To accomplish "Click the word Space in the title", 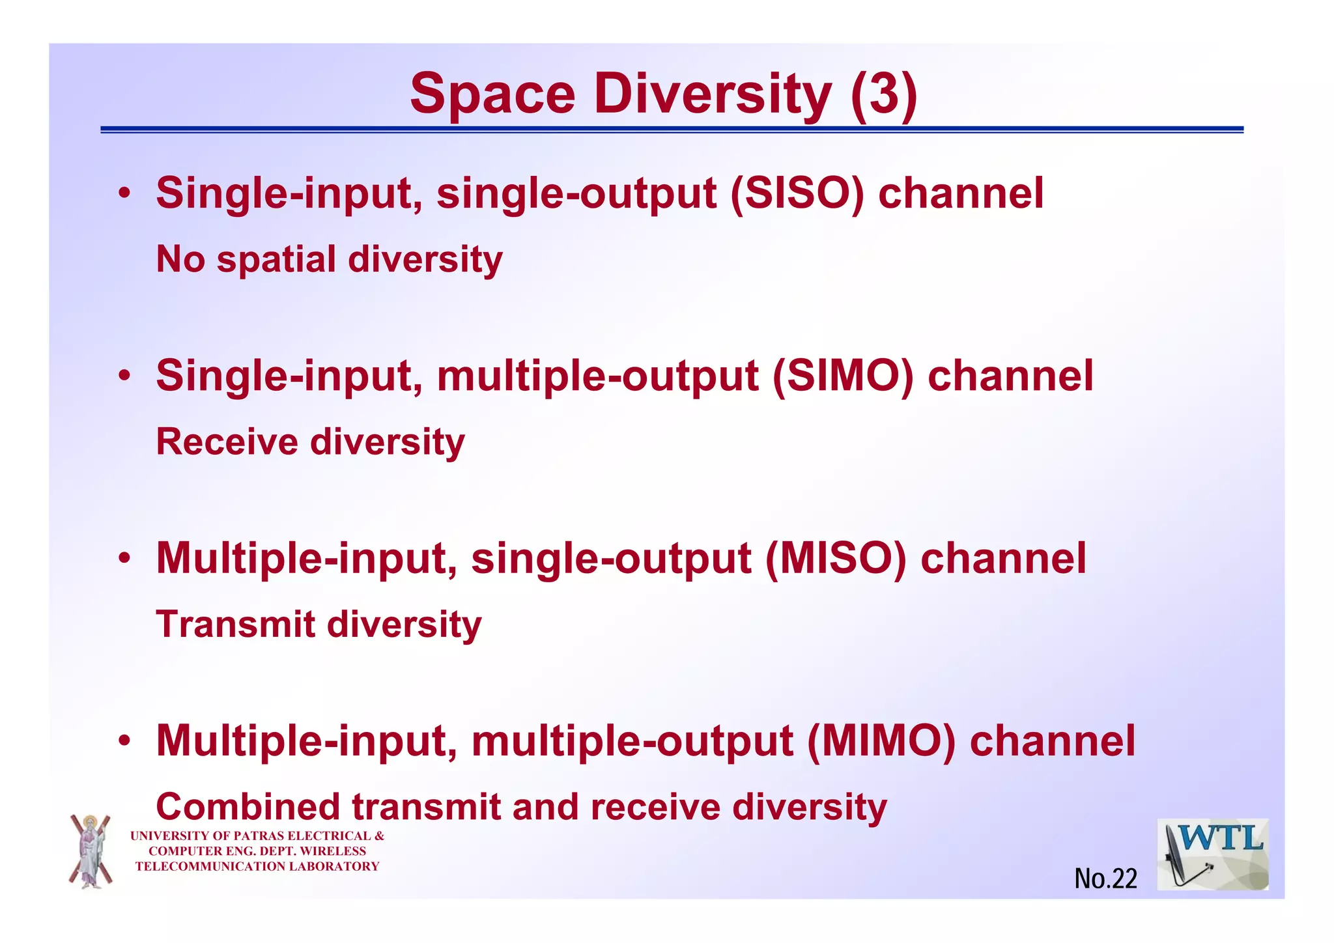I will [492, 95].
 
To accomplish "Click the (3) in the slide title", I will [884, 94].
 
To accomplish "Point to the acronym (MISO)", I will [835, 558].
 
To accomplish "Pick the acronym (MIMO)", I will [881, 740].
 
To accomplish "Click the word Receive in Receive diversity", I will [227, 442].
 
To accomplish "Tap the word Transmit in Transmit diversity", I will [236, 624].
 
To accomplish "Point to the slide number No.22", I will [1105, 879].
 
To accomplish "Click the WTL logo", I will [1212, 854].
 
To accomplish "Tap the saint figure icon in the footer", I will [91, 851].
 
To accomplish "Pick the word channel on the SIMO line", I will [1010, 376].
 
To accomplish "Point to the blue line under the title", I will [671, 130].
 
